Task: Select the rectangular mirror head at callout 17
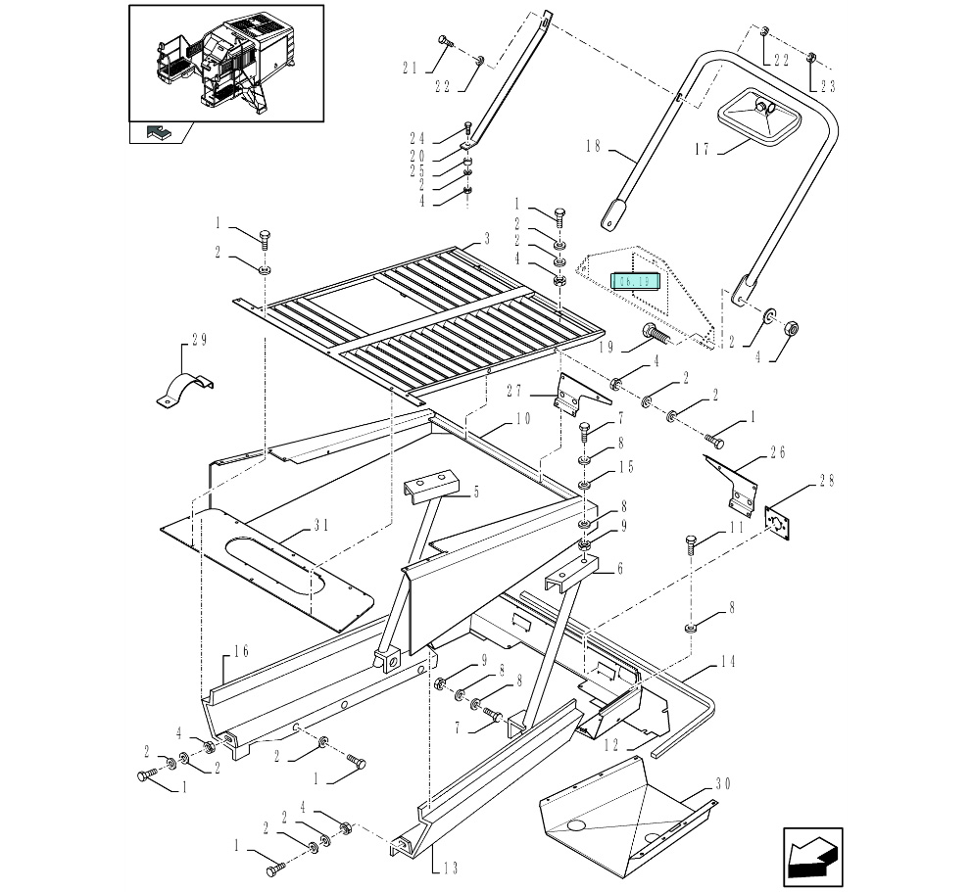760,116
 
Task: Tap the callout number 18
592,148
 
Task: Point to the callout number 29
199,340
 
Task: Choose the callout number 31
320,525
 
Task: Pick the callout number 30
723,782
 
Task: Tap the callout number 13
449,866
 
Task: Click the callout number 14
726,660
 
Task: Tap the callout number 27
517,392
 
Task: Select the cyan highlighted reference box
636,282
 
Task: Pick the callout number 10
522,418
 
